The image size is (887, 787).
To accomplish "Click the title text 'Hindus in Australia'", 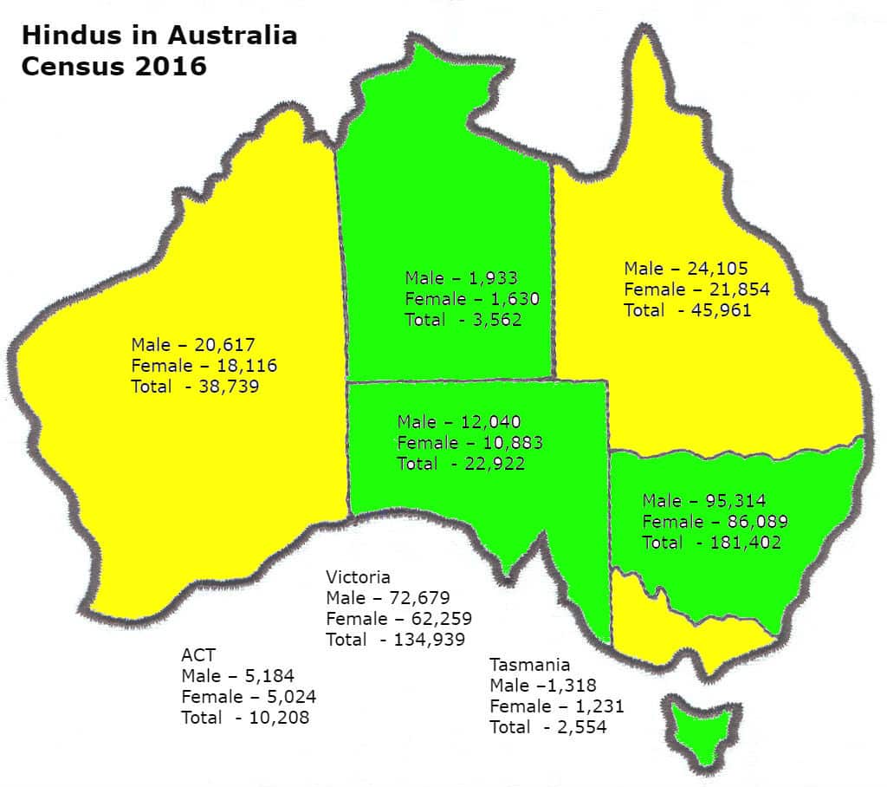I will pos(159,36).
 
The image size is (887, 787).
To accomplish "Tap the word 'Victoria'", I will pos(358,576).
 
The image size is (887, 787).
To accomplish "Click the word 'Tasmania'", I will pos(529,665).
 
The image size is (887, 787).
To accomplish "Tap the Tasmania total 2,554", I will pos(575,727).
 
